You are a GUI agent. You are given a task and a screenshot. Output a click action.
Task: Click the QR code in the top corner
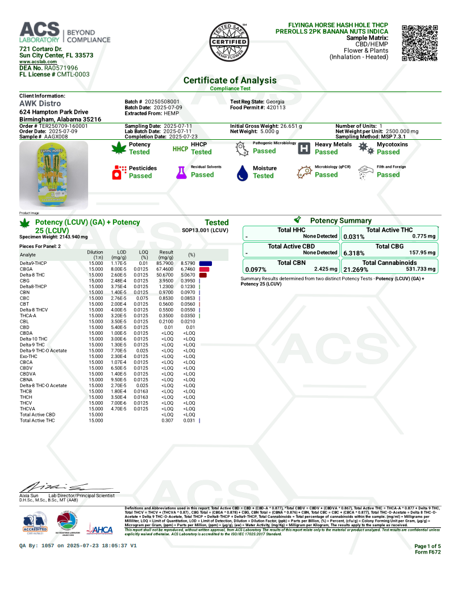tap(420, 43)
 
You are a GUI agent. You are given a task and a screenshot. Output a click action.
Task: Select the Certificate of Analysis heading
tap(230, 80)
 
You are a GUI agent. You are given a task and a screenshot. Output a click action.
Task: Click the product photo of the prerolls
tap(53, 176)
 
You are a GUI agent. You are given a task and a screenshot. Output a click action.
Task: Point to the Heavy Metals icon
tap(305, 149)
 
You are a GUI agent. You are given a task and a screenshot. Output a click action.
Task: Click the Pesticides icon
tap(119, 172)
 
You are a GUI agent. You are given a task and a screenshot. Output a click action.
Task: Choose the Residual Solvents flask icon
tap(181, 172)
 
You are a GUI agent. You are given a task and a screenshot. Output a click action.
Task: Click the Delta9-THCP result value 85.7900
tap(166, 263)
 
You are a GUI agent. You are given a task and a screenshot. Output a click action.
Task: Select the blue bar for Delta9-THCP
tap(206, 263)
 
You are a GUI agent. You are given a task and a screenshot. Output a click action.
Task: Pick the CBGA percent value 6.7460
tap(188, 269)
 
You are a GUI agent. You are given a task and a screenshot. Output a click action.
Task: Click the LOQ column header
tap(144, 253)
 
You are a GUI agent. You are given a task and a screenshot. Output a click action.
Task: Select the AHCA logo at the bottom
tap(99, 529)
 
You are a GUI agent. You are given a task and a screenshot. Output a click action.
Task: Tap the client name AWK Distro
tap(40, 104)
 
